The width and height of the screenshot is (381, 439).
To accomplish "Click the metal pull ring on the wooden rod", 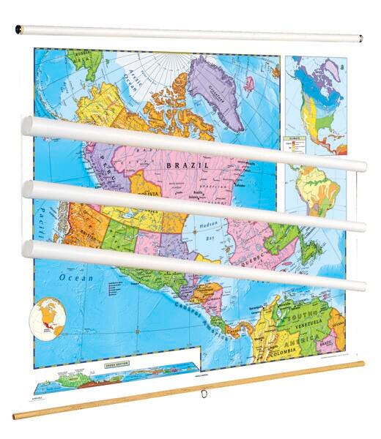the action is [199, 396].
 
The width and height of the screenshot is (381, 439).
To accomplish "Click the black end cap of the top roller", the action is [20, 29].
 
